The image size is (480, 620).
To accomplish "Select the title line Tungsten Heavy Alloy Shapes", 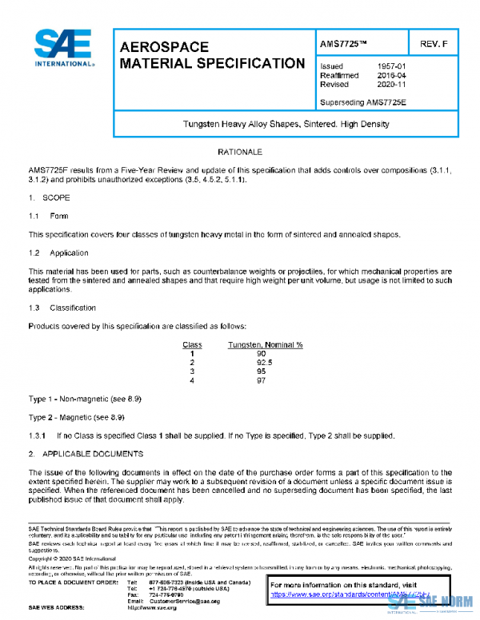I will [x=286, y=124].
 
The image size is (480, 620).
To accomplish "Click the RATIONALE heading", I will [x=240, y=151].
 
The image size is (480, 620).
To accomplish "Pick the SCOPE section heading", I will [x=55, y=197].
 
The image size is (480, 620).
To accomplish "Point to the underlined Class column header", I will [x=192, y=344].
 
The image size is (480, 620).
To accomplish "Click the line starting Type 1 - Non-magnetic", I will [x=76, y=398].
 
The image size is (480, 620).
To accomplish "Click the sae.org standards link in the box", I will [x=328, y=594].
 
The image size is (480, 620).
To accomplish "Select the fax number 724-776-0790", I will [x=166, y=594].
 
